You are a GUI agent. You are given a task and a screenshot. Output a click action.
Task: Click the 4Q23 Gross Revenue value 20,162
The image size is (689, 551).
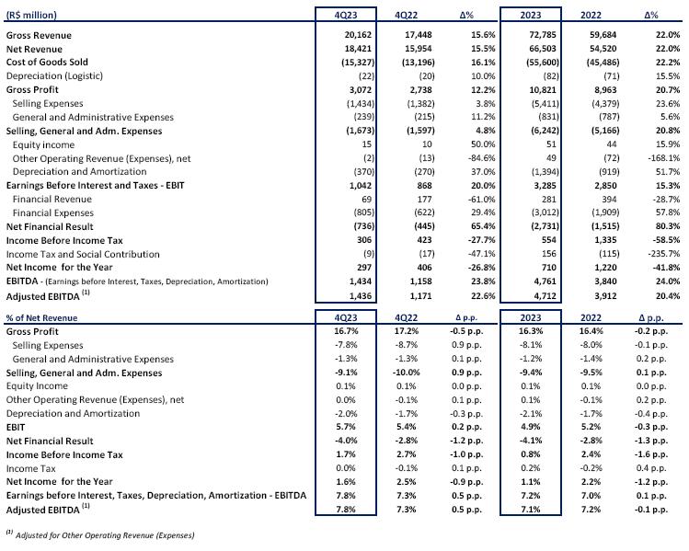358,35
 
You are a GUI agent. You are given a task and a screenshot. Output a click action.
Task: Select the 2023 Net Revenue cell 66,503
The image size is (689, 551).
542,49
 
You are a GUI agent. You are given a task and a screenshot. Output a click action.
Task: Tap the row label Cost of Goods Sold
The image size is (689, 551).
47,62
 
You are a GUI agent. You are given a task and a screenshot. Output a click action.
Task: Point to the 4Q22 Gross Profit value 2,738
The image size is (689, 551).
419,89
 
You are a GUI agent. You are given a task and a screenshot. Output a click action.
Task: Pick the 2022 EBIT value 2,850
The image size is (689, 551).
605,186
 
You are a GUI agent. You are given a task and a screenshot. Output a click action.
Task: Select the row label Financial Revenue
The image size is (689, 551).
52,199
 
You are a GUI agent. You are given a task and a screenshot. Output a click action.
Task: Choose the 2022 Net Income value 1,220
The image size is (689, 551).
605,267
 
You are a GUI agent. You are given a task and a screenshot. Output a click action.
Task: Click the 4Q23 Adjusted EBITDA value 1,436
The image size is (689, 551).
361,296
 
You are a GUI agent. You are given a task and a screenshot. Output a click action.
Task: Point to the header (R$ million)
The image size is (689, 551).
31,15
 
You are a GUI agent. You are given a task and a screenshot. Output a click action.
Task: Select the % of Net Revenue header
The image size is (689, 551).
41,317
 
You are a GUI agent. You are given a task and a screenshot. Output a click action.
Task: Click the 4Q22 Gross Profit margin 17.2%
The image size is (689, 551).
406,331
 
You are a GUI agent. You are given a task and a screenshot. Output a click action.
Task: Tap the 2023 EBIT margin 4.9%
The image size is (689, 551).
531,427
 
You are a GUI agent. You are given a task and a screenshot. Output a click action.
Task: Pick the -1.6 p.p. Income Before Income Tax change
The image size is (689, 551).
650,454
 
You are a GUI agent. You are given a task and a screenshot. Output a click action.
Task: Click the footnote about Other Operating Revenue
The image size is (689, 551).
100,534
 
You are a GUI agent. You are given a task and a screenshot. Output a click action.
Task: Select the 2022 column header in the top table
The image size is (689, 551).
591,15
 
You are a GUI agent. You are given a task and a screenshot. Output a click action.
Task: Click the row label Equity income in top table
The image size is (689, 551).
43,144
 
